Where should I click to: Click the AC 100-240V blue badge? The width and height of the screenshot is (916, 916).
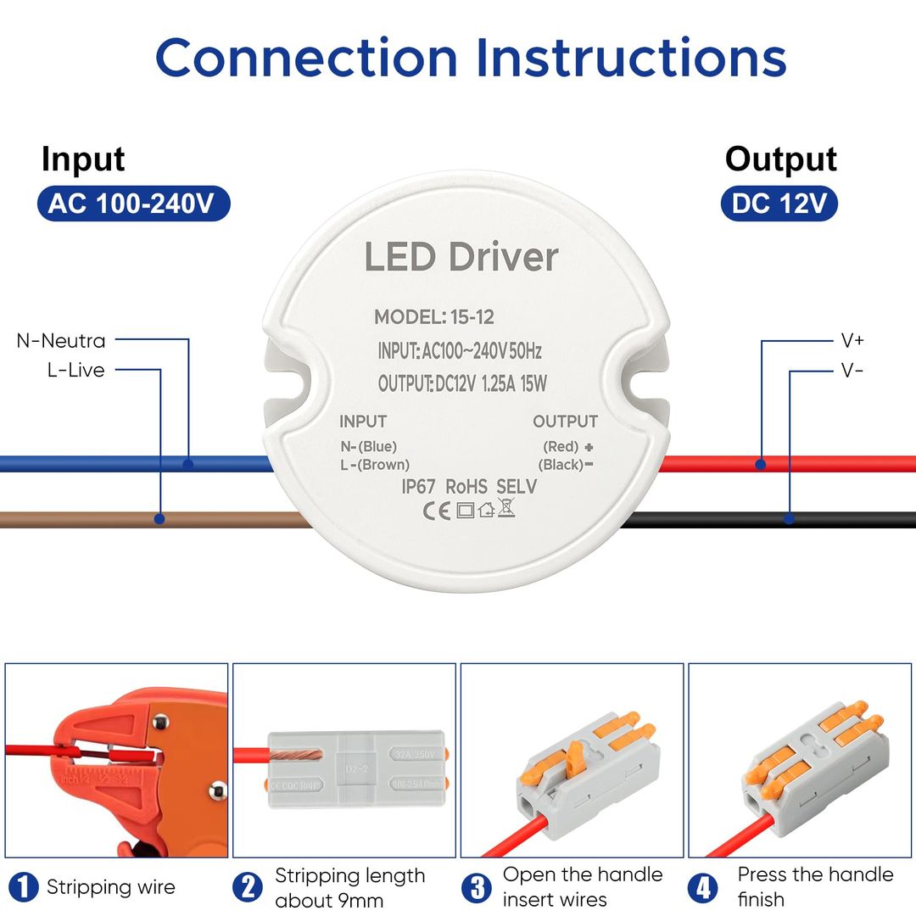pyautogui.click(x=133, y=204)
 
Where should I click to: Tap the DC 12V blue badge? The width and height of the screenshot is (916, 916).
pyautogui.click(x=779, y=204)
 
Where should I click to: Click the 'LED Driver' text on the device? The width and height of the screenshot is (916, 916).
pyautogui.click(x=461, y=257)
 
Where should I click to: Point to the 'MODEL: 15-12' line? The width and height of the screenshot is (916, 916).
pyautogui.click(x=434, y=317)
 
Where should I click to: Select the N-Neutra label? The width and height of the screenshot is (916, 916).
pyautogui.click(x=61, y=341)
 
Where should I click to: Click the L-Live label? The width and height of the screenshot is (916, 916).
pyautogui.click(x=76, y=370)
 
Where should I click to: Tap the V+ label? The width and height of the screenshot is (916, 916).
pyautogui.click(x=852, y=341)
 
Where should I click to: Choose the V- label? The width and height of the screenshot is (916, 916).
pyautogui.click(x=852, y=370)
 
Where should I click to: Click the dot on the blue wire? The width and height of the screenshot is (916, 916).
pyautogui.click(x=188, y=464)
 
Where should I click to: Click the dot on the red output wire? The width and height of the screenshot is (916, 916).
pyautogui.click(x=762, y=464)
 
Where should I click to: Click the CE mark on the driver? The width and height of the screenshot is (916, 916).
pyautogui.click(x=437, y=510)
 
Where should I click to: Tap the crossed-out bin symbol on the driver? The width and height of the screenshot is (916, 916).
pyautogui.click(x=506, y=509)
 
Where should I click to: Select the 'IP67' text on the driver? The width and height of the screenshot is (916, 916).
pyautogui.click(x=420, y=487)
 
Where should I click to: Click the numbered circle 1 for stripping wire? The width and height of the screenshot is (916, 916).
pyautogui.click(x=23, y=888)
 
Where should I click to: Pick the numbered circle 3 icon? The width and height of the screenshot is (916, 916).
pyautogui.click(x=478, y=888)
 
